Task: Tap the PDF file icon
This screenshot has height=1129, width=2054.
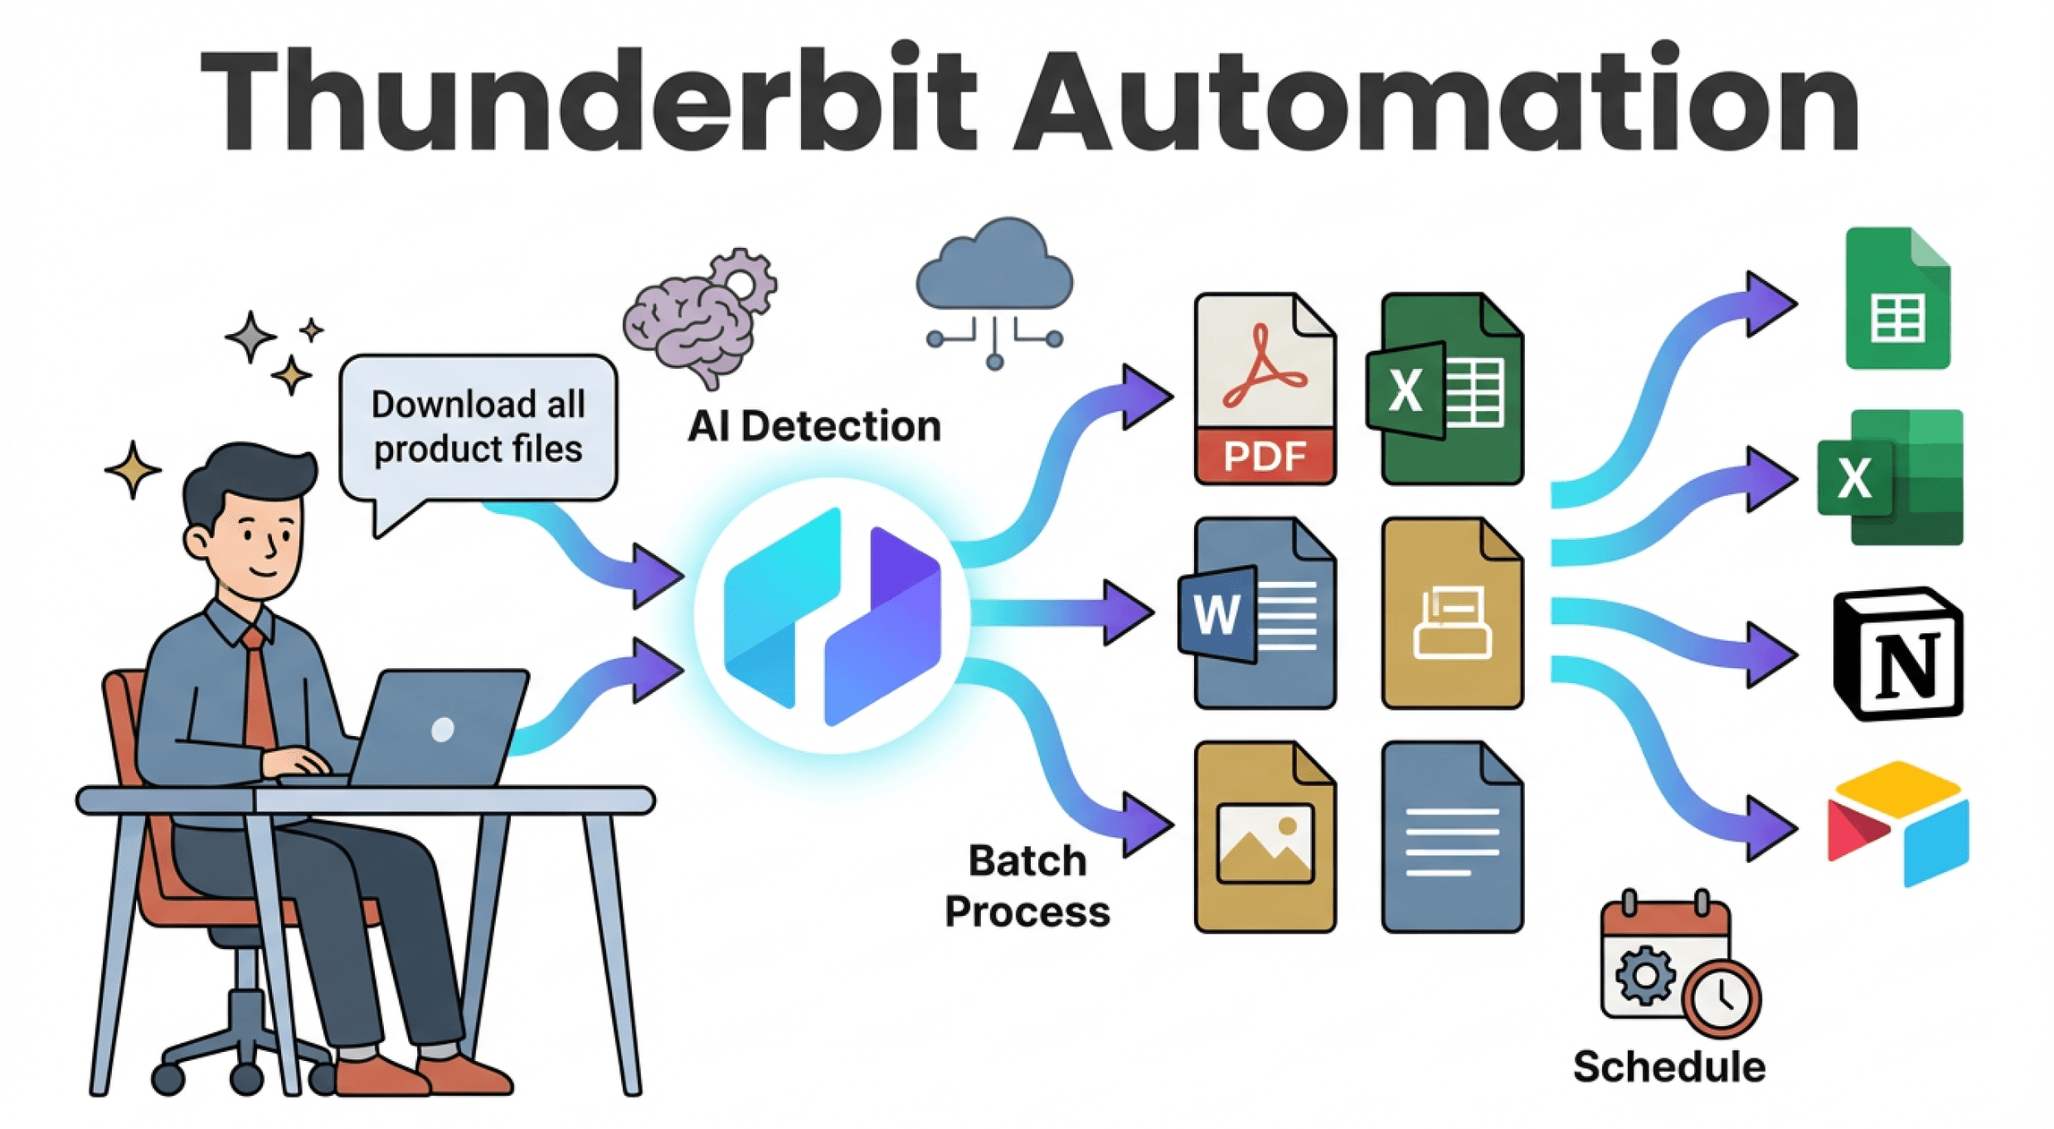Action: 1264,389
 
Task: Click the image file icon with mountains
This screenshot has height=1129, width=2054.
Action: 1264,837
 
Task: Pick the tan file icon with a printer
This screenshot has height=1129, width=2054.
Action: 1452,613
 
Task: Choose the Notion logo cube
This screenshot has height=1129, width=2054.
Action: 1897,654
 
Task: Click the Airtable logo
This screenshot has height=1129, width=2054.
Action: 1897,824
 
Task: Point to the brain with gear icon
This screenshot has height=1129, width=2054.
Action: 698,318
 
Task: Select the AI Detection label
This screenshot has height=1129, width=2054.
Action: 814,426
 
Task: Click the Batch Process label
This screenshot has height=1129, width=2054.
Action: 1027,886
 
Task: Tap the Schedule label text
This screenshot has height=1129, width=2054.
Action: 1668,1067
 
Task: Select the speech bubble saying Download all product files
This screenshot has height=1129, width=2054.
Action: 478,427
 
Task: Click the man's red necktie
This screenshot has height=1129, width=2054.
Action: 259,689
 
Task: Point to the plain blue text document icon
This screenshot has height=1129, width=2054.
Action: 1452,837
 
